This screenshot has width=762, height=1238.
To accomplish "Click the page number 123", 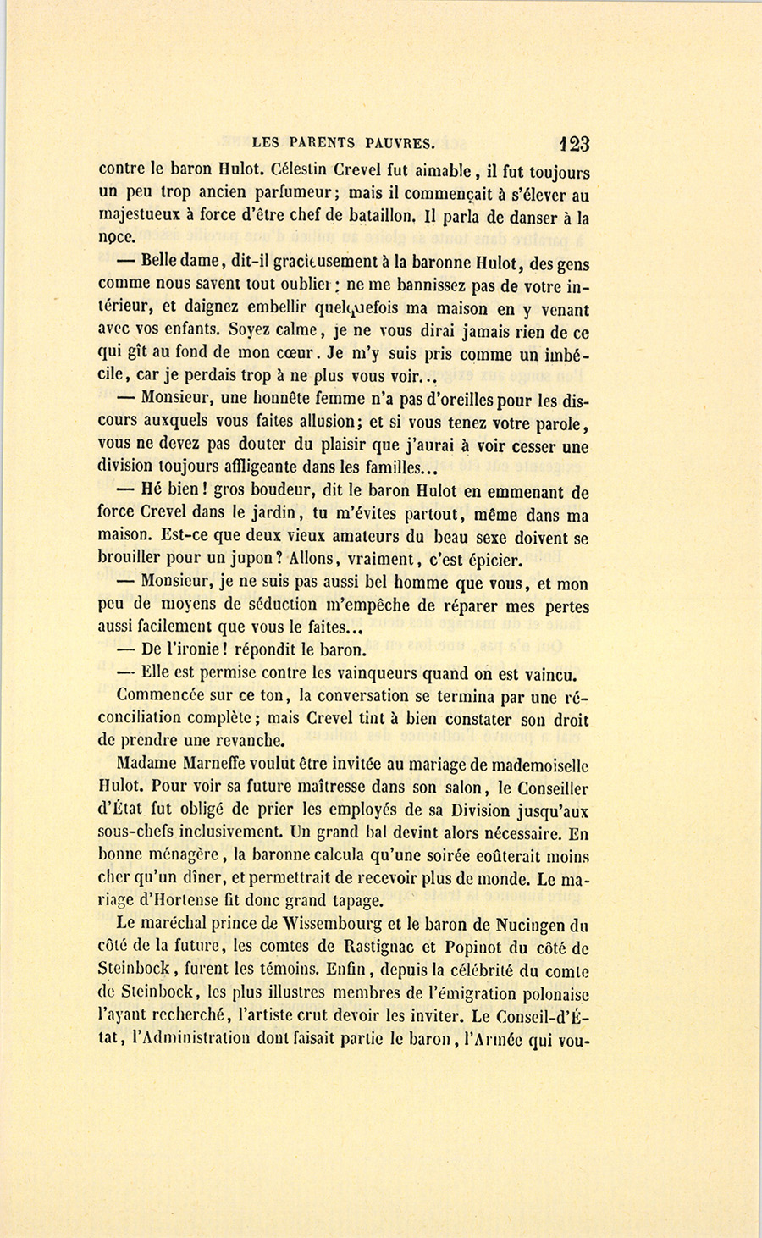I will (574, 143).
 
